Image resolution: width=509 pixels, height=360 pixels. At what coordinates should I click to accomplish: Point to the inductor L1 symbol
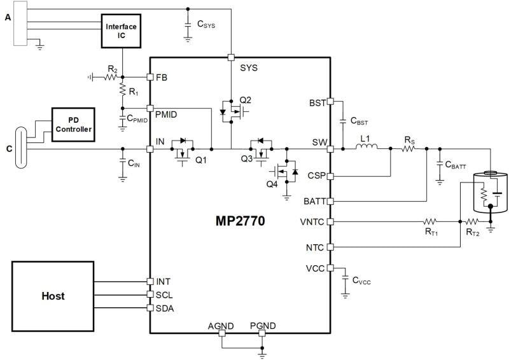point(366,149)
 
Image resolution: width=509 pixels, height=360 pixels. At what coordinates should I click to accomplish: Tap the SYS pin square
point(231,57)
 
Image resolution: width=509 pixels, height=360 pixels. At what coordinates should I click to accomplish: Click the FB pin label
point(163,78)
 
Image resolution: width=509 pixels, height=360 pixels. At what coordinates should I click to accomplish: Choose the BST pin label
point(317,102)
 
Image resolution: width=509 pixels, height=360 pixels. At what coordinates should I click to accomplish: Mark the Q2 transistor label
point(246,100)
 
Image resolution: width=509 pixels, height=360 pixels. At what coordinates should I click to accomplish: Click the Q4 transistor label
point(272,184)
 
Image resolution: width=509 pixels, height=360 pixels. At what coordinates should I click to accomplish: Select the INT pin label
point(163,281)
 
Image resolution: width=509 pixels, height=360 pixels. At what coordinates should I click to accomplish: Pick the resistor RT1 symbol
point(430,222)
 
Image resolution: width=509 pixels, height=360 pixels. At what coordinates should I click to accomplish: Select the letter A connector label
point(8,17)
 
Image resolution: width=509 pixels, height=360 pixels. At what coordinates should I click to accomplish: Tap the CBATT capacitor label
point(456,165)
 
